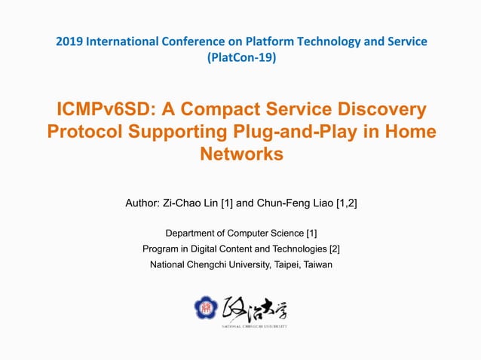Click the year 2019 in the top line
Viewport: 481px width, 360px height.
69,41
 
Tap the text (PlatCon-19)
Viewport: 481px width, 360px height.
240,56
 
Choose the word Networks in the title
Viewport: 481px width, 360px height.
240,154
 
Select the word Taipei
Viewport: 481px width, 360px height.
280,264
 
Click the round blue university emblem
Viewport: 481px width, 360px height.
205,308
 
